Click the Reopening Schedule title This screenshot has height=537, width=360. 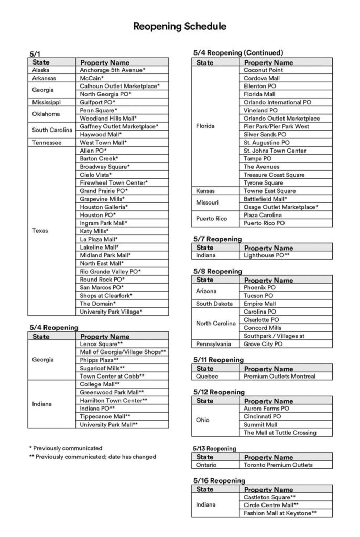click(180, 26)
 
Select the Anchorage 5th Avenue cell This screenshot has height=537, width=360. click(112, 70)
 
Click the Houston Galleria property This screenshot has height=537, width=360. click(104, 207)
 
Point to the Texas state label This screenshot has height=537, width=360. click(40, 231)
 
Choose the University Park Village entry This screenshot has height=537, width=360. click(111, 312)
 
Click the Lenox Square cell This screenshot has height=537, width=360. click(101, 344)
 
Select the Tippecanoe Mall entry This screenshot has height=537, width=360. click(105, 416)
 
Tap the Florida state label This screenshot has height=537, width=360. click(205, 126)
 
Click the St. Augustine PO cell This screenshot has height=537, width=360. click(266, 143)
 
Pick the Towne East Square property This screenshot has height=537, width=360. click(269, 191)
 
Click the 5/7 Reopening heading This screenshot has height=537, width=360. click(217, 239)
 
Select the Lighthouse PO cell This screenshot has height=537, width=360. click(267, 255)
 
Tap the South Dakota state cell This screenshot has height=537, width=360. click(214, 304)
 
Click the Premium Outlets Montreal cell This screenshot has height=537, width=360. click(279, 377)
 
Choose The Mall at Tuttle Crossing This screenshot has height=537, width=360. click(280, 433)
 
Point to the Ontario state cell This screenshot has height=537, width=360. click(207, 465)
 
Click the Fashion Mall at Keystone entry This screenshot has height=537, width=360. click(280, 513)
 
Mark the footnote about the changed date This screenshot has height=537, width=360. click(92, 457)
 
